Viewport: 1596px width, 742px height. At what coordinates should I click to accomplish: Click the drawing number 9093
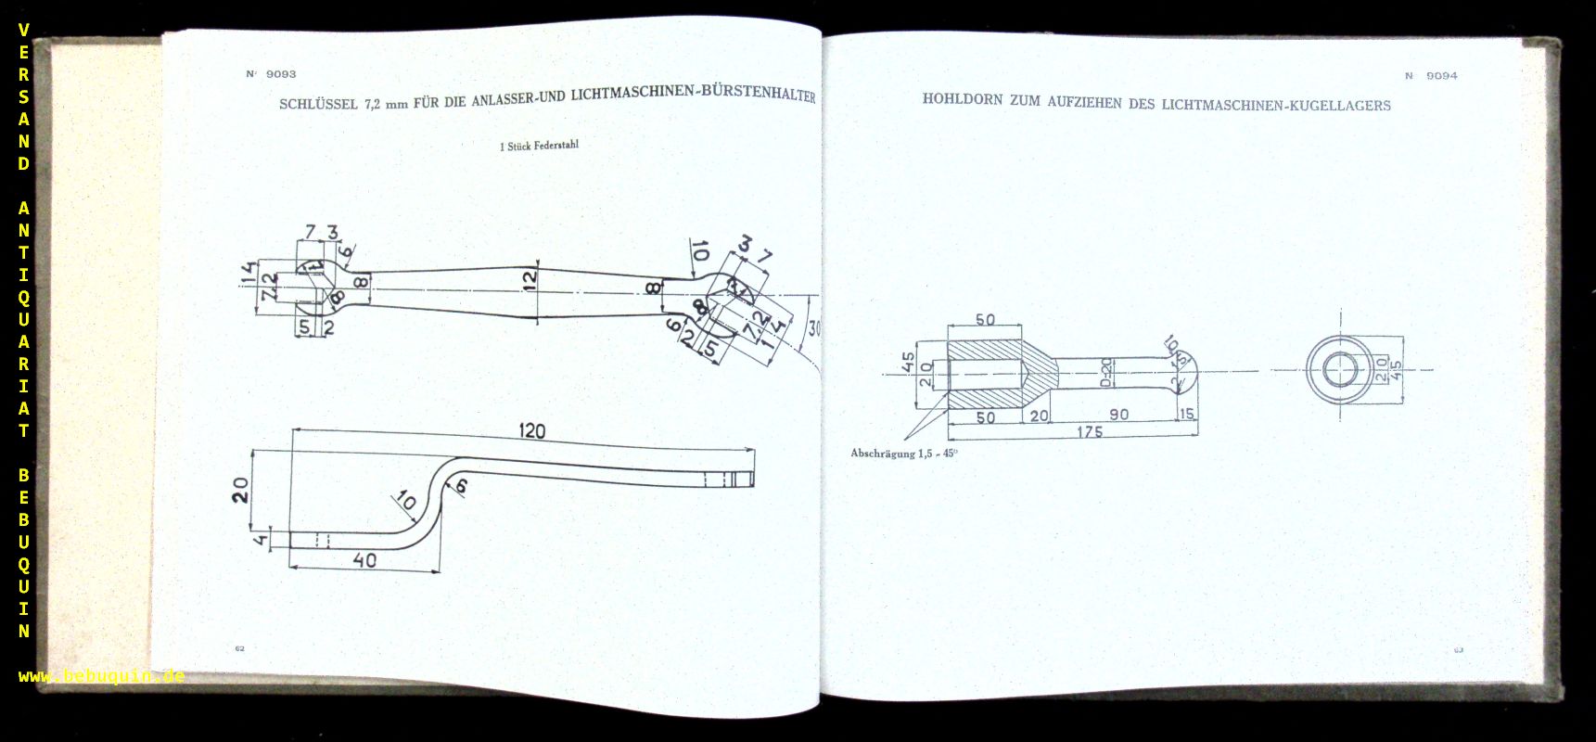[280, 74]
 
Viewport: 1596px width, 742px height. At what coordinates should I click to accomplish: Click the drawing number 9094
[1441, 76]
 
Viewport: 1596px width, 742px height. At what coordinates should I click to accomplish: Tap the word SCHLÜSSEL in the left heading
[318, 104]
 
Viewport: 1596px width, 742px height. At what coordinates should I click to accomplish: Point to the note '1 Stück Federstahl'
[539, 146]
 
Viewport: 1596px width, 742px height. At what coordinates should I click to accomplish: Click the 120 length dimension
[531, 431]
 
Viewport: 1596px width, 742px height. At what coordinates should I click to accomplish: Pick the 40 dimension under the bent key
[364, 560]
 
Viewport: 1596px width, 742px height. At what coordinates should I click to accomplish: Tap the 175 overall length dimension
[1090, 432]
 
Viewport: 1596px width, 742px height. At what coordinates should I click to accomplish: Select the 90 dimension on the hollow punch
[1119, 415]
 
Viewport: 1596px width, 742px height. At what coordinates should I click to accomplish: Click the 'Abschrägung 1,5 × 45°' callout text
[903, 454]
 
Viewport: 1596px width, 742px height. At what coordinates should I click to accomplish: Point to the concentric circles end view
[1338, 370]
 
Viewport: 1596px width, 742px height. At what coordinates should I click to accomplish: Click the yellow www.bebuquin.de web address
[101, 676]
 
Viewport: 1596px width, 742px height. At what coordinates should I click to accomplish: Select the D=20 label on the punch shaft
[1105, 372]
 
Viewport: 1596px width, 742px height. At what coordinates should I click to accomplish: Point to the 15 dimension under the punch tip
[1187, 415]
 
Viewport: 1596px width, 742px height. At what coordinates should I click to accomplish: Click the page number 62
[239, 648]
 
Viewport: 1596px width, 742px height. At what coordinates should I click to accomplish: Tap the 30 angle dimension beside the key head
[813, 328]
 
